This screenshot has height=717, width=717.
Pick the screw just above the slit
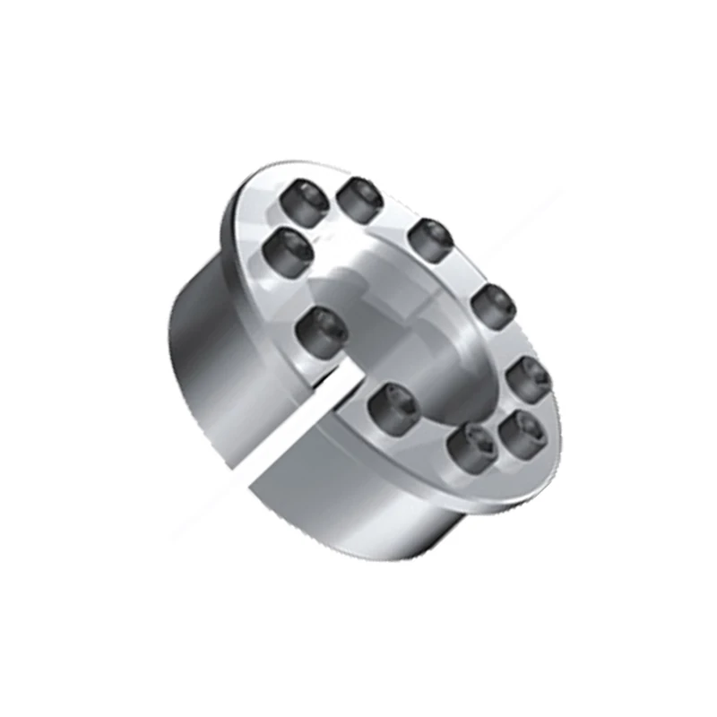click(x=321, y=330)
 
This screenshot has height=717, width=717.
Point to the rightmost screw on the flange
click(x=530, y=379)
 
